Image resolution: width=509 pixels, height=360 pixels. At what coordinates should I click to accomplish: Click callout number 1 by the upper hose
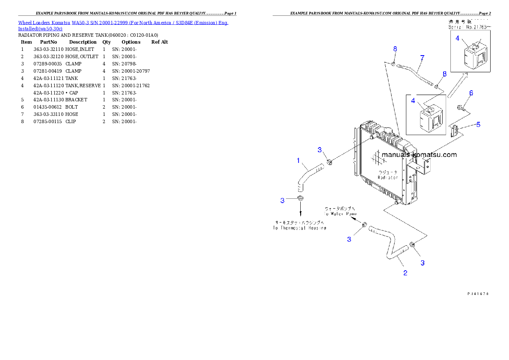[x=298, y=161]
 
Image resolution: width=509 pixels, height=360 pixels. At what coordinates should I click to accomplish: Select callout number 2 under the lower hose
[x=405, y=273]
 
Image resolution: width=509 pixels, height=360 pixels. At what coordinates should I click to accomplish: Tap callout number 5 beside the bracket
[x=478, y=124]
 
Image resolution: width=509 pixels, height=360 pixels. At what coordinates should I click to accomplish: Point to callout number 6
[x=471, y=93]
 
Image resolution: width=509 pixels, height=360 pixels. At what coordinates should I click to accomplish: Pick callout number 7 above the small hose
[x=422, y=57]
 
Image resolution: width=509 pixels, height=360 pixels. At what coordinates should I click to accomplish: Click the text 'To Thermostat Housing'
[x=299, y=228]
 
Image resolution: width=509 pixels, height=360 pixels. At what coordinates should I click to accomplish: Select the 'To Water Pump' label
[x=340, y=213]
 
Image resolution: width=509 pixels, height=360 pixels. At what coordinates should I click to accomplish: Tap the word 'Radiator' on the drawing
[x=388, y=177]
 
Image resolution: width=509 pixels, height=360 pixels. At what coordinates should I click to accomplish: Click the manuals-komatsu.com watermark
[x=419, y=155]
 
